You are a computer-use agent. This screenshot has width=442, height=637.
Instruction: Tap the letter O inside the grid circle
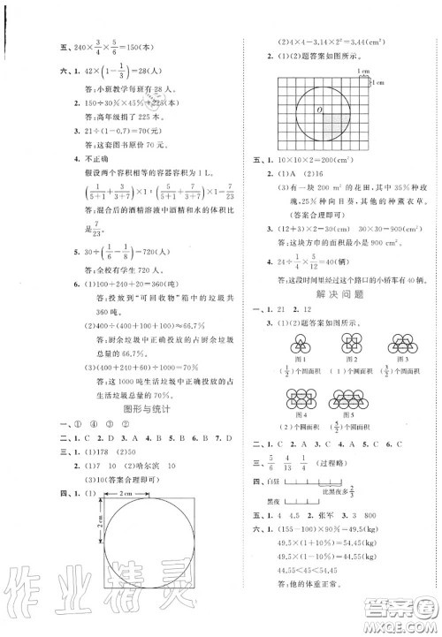click(318, 110)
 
